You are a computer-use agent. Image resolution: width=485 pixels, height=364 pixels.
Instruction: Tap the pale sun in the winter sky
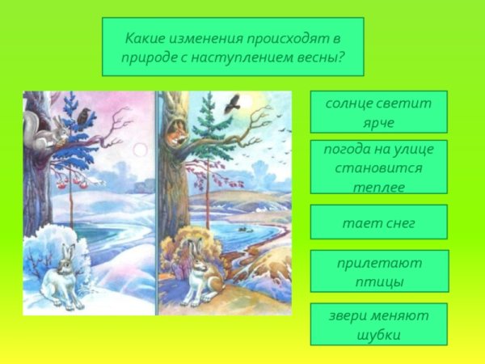[139, 150]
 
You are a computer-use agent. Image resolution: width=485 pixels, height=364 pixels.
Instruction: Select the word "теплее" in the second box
[378, 187]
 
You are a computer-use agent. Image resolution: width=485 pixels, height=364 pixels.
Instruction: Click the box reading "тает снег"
[378, 222]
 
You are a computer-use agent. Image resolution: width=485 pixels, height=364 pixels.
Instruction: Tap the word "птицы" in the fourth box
[378, 282]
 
